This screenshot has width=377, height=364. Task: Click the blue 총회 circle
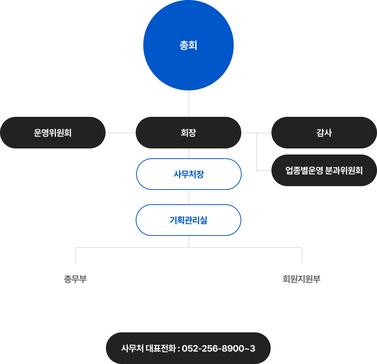pyautogui.click(x=188, y=45)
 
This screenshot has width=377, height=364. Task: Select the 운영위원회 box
pyautogui.click(x=53, y=133)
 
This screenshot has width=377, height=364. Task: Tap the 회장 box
pyautogui.click(x=188, y=133)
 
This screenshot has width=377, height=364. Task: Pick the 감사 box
pyautogui.click(x=324, y=133)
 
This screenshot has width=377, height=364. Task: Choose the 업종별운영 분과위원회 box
pyautogui.click(x=324, y=170)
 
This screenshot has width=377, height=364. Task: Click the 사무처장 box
pyautogui.click(x=188, y=174)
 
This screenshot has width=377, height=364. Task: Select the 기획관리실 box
pyautogui.click(x=188, y=220)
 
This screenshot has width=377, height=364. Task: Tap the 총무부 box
pyautogui.click(x=75, y=279)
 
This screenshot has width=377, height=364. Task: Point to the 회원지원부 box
pyautogui.click(x=302, y=279)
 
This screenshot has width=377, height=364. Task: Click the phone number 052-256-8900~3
pyautogui.click(x=219, y=349)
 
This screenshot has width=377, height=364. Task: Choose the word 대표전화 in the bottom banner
pyautogui.click(x=160, y=349)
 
